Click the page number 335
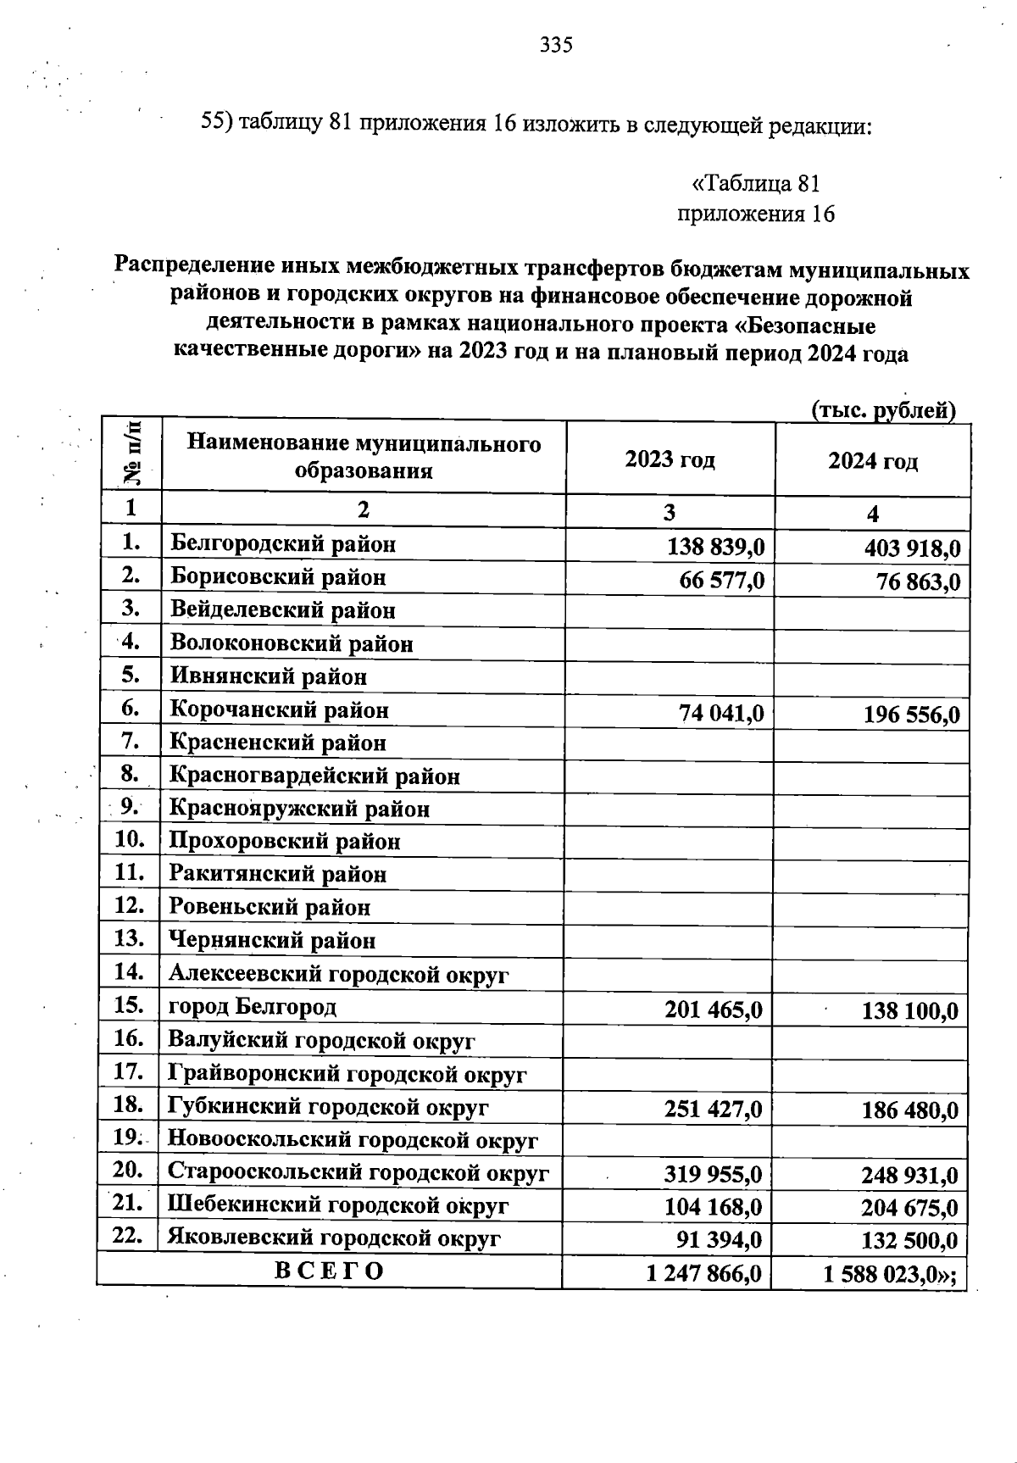tap(556, 45)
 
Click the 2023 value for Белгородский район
tap(716, 547)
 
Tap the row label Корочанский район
tap(280, 710)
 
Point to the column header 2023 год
tap(670, 460)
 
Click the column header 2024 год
tap(873, 462)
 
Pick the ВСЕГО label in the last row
tap(329, 1271)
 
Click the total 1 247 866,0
tap(703, 1272)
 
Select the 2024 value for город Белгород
tap(909, 1010)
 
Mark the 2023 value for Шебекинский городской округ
tap(714, 1205)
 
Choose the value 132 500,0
tap(909, 1241)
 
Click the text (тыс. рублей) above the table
tap(883, 411)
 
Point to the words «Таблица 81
tap(756, 184)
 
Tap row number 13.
tap(131, 938)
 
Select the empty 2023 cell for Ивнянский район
tap(670, 677)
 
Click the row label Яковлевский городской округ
tap(334, 1238)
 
